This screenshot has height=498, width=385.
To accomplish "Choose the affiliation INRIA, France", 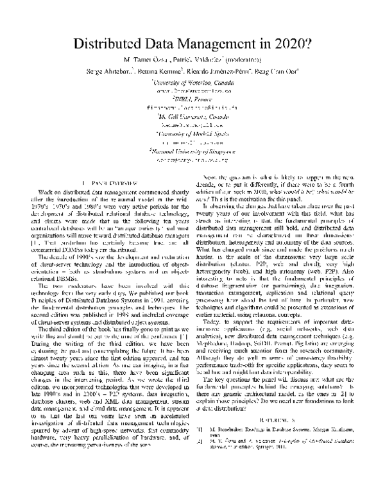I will pyautogui.click(x=193, y=99).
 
